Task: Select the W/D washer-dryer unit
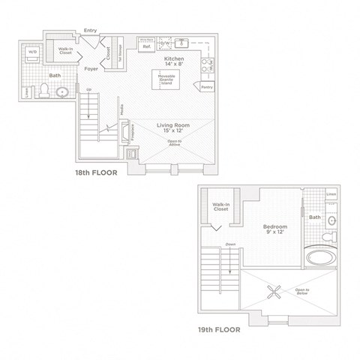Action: point(31,54)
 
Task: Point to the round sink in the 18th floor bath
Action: point(62,94)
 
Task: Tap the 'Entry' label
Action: point(91,30)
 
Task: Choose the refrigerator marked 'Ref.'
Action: point(145,47)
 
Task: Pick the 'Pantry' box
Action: point(207,88)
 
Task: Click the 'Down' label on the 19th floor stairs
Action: point(229,244)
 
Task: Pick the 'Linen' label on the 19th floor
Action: point(331,194)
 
